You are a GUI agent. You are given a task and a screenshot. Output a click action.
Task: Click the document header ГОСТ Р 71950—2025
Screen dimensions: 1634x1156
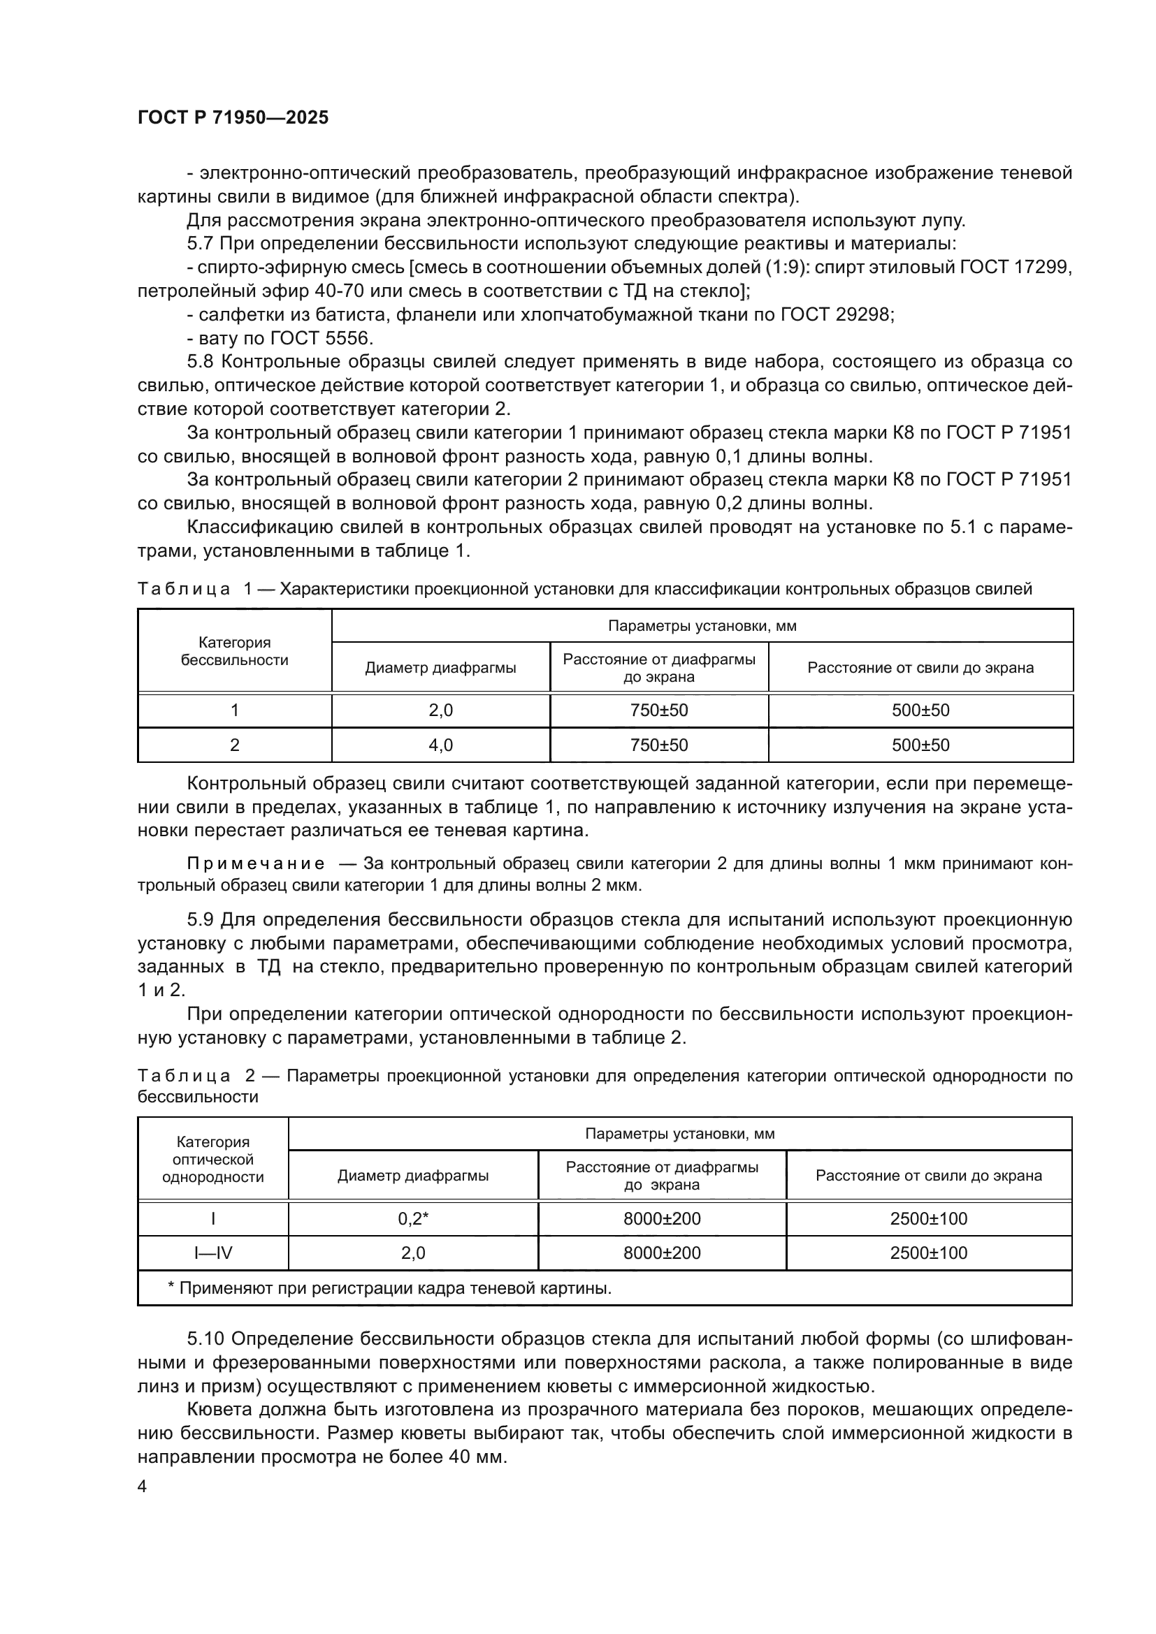[233, 118]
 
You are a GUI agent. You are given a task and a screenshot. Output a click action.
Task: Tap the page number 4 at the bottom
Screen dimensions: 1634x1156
[143, 1487]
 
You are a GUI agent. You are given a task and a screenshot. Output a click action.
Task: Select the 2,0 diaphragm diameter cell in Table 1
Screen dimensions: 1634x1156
[440, 710]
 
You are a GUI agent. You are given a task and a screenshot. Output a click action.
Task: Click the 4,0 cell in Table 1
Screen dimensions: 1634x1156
[440, 745]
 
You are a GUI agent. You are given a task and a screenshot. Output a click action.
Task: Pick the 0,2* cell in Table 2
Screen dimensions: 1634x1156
[413, 1218]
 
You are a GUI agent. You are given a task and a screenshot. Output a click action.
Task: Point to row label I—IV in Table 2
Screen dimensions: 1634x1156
[213, 1253]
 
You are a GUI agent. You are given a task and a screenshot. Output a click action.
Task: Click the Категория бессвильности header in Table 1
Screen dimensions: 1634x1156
[234, 651]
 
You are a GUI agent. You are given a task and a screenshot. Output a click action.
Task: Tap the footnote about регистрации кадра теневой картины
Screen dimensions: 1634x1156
[389, 1288]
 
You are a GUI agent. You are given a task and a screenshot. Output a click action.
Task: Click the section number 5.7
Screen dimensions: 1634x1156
[200, 244]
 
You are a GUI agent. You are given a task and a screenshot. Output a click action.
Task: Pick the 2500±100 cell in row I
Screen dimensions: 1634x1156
[928, 1218]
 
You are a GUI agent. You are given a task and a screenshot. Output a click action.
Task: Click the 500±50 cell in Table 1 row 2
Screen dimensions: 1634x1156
[920, 745]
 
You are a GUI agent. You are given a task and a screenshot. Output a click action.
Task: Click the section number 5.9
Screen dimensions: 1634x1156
[200, 920]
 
